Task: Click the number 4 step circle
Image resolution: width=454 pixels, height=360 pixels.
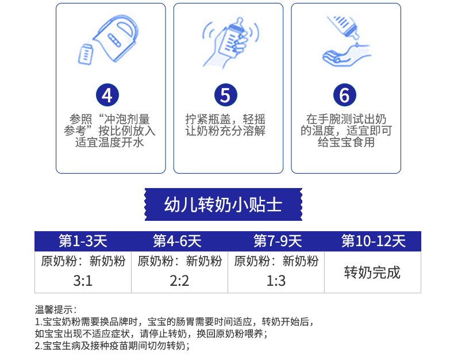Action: [x=107, y=95]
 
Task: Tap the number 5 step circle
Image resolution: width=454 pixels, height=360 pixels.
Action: [x=226, y=95]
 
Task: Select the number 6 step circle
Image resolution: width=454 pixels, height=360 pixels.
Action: [x=345, y=95]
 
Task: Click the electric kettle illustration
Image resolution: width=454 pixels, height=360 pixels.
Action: [x=116, y=38]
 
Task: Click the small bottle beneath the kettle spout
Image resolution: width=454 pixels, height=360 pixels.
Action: [x=86, y=54]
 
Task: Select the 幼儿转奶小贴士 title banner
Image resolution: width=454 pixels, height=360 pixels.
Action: [x=223, y=204]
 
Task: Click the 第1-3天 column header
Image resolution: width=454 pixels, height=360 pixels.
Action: [x=83, y=241]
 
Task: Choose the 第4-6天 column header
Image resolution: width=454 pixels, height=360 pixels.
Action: [x=177, y=241]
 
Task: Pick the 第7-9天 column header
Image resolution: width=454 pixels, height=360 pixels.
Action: [x=278, y=241]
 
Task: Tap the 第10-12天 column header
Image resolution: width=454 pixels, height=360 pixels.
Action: [x=374, y=241]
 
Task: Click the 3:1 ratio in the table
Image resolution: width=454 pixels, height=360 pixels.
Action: [x=83, y=281]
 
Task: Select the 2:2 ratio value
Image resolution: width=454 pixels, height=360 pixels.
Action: [x=179, y=281]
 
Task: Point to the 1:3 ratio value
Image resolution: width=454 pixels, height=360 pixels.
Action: [x=276, y=281]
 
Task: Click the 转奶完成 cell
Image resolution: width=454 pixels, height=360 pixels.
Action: [x=372, y=273]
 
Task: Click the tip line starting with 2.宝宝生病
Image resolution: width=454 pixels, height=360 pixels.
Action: [x=112, y=346]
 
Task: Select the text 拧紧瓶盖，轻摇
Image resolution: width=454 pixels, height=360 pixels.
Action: [x=225, y=119]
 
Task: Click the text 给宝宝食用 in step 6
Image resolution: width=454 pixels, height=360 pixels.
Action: [x=346, y=142]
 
